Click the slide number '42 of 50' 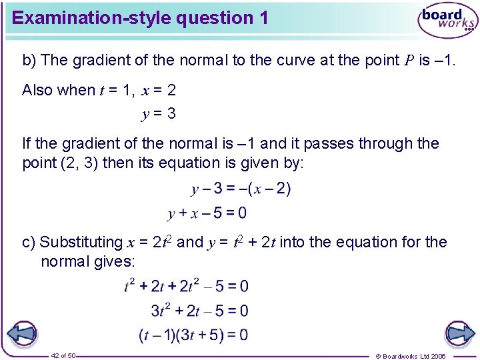[x=64, y=355]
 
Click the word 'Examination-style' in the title [x=91, y=18]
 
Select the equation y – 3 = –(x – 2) [x=241, y=189]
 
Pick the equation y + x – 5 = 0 [x=207, y=213]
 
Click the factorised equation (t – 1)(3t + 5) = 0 [x=193, y=335]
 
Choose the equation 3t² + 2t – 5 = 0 [x=199, y=311]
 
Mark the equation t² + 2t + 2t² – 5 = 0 [x=187, y=287]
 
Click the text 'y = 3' [x=159, y=114]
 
